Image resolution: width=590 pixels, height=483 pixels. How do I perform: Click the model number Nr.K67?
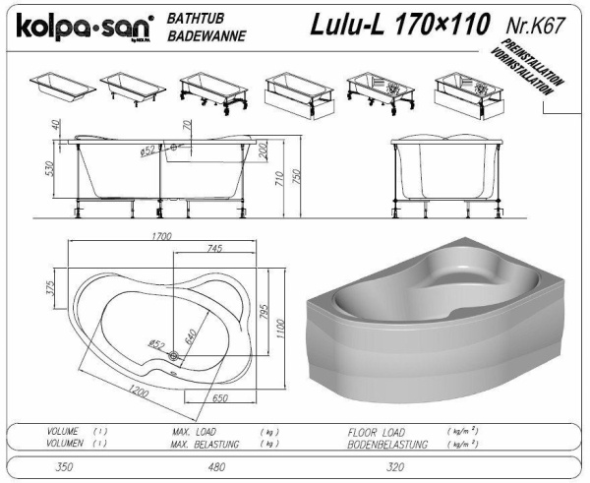[x=535, y=25]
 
